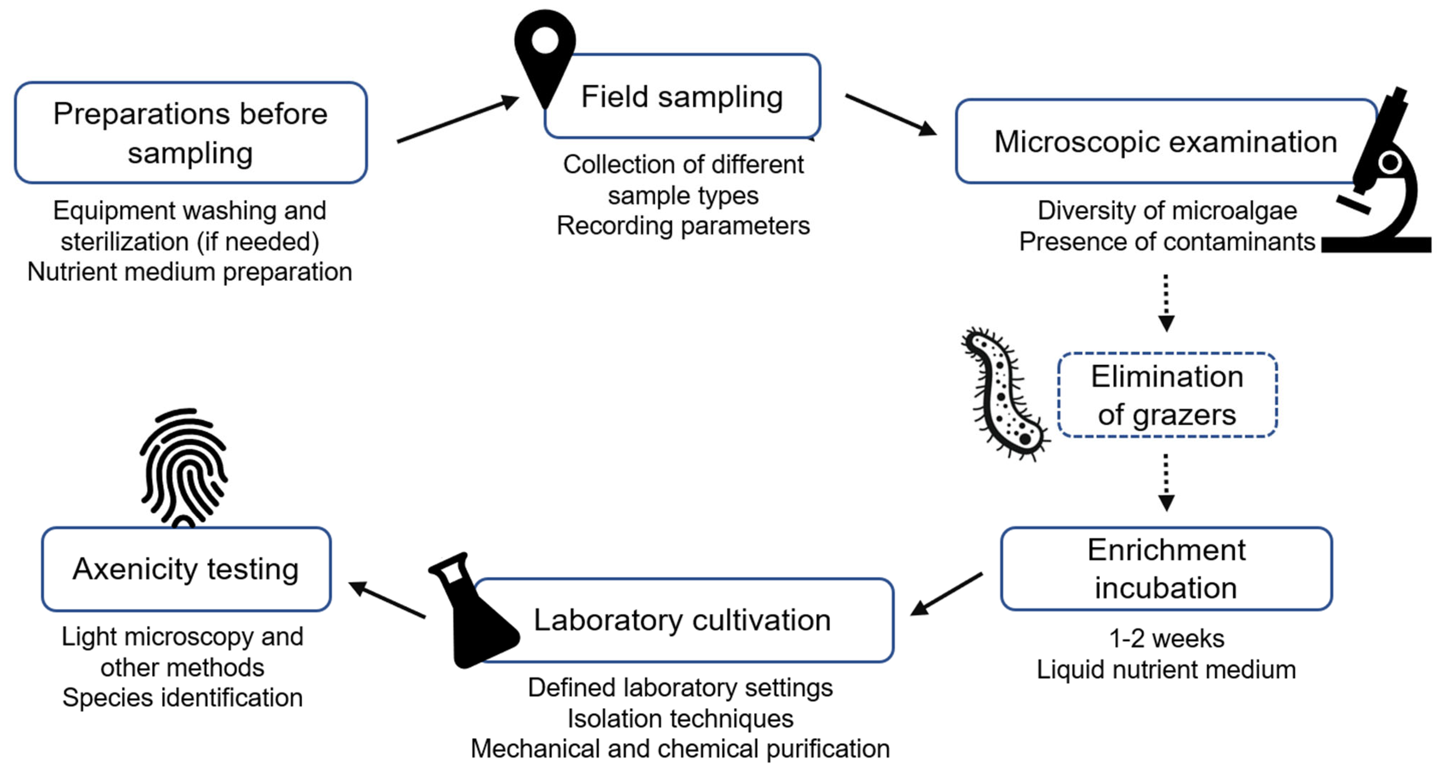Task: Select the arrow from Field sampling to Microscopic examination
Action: (890, 114)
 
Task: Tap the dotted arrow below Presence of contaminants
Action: (1166, 302)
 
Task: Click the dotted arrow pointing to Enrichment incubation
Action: (1166, 482)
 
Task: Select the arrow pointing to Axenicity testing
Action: (387, 600)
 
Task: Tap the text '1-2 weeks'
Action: (1167, 638)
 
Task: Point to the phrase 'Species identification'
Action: (183, 697)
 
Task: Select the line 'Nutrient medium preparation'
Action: (190, 272)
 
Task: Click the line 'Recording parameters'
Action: (683, 226)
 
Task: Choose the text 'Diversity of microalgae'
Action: (1167, 211)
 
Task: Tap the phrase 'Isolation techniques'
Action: (680, 719)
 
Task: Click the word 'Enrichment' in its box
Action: (1166, 550)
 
